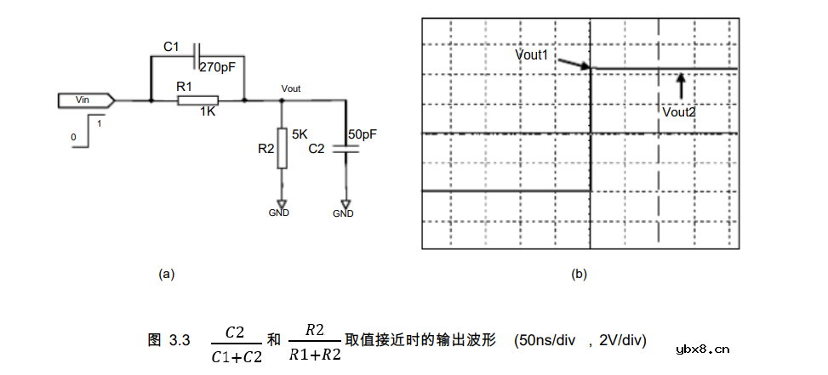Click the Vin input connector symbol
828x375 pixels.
(x=86, y=100)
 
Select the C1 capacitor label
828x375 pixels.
(x=170, y=48)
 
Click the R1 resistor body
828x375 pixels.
(x=197, y=100)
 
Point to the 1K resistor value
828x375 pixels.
(x=207, y=111)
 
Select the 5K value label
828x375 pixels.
(x=300, y=134)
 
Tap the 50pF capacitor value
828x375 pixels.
(x=363, y=135)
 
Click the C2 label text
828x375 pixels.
(x=316, y=148)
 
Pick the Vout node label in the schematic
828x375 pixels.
(x=290, y=88)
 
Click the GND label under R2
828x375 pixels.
(x=279, y=213)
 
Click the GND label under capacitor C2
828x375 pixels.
(x=343, y=214)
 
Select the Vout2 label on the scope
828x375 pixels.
(x=679, y=111)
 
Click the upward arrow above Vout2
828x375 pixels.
(x=680, y=86)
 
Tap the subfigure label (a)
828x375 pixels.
(x=167, y=274)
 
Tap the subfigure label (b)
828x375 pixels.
(x=579, y=274)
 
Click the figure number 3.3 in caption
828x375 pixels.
(x=179, y=341)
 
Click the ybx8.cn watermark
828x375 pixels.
(x=702, y=349)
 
